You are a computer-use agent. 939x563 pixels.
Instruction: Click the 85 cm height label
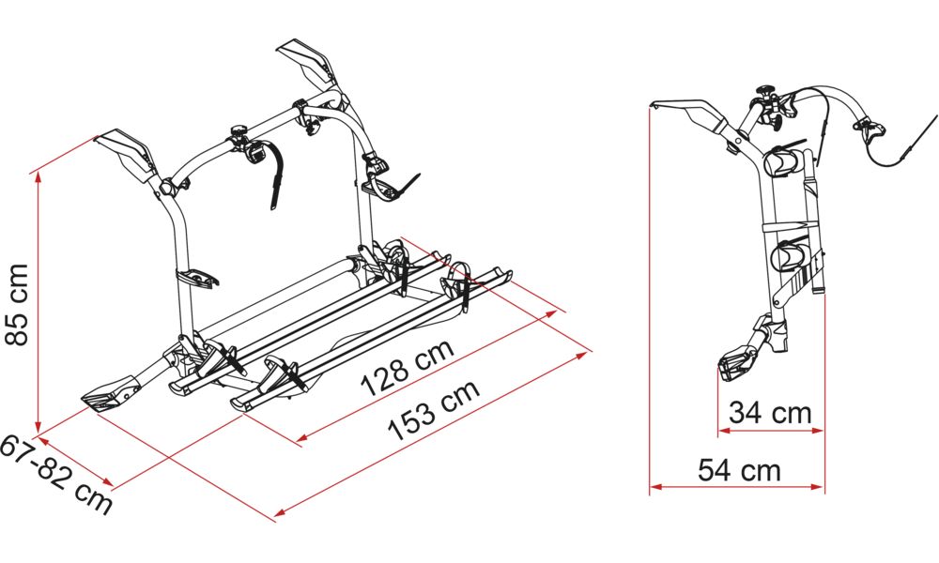(17, 305)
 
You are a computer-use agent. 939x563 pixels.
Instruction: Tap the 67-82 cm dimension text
(56, 475)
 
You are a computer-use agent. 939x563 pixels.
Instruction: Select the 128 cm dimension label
(408, 367)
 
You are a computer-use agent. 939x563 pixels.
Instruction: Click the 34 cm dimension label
(770, 412)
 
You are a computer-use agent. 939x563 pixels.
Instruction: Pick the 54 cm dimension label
(740, 470)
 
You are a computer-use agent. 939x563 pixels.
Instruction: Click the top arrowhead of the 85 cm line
(38, 177)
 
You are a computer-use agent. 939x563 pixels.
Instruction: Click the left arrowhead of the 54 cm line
(656, 487)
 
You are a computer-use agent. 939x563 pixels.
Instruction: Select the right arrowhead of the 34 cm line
(818, 430)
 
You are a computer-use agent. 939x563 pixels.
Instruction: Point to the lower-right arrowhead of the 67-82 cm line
(107, 482)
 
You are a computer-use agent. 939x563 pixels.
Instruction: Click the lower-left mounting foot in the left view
(114, 395)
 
